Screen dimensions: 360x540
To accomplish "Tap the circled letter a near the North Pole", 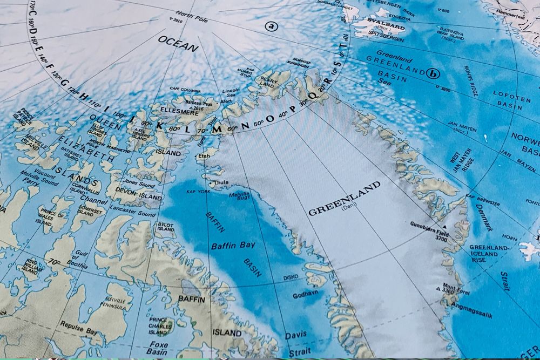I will point(271,25).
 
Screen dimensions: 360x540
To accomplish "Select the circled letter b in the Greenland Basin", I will point(432,73).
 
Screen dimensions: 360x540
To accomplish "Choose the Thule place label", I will point(221,182).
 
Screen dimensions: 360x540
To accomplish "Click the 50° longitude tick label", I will point(259,123).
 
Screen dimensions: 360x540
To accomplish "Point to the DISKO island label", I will point(291,278).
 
